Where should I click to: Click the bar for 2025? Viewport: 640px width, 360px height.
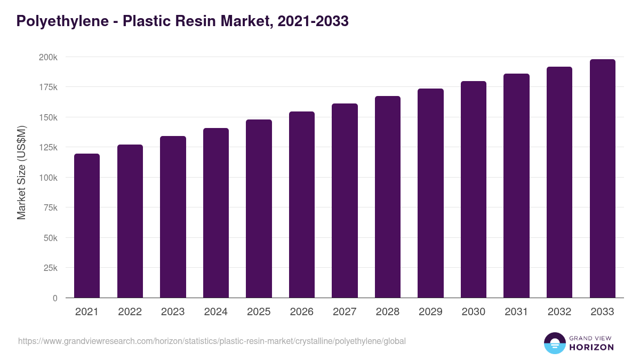coord(259,209)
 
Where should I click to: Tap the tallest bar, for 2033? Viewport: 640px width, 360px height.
coord(602,179)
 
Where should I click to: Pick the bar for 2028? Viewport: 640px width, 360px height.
coord(388,197)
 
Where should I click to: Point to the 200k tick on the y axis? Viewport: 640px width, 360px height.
coord(47,57)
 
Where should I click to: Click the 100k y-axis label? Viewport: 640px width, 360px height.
coord(47,178)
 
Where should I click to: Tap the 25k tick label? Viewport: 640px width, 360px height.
coord(50,268)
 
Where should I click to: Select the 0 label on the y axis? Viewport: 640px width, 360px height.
coord(55,298)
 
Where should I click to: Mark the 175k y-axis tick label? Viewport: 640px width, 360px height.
coord(47,87)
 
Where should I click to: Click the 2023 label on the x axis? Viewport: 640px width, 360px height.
coord(173,312)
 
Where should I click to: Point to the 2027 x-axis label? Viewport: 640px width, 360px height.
coord(345,312)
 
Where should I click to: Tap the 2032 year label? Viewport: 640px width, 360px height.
coord(559,312)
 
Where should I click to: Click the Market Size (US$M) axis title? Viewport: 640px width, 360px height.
coord(22,172)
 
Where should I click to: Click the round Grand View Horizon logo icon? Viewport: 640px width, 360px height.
coord(554,343)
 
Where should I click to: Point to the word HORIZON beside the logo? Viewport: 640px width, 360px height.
coord(591,347)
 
